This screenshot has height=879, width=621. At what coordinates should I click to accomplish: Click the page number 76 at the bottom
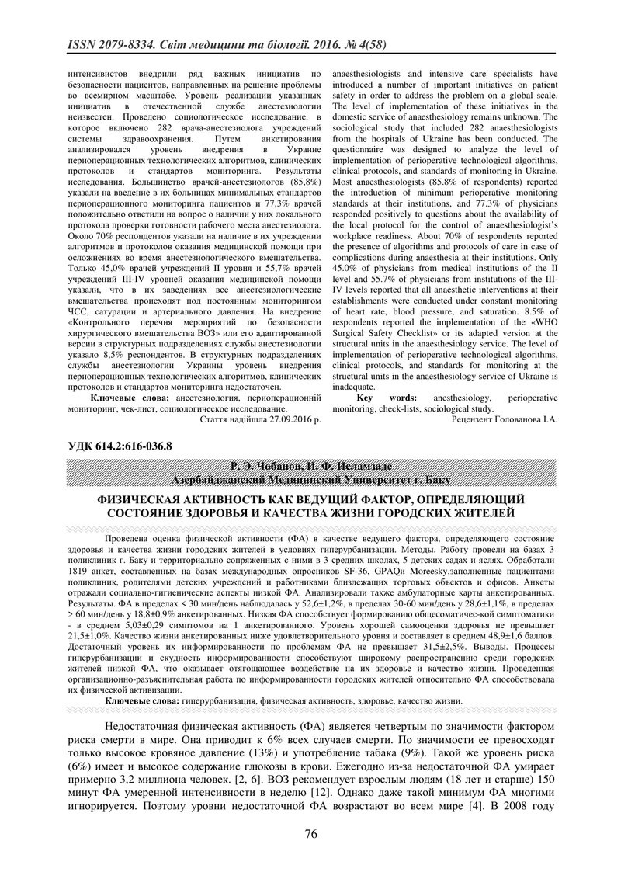(x=310, y=835)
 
